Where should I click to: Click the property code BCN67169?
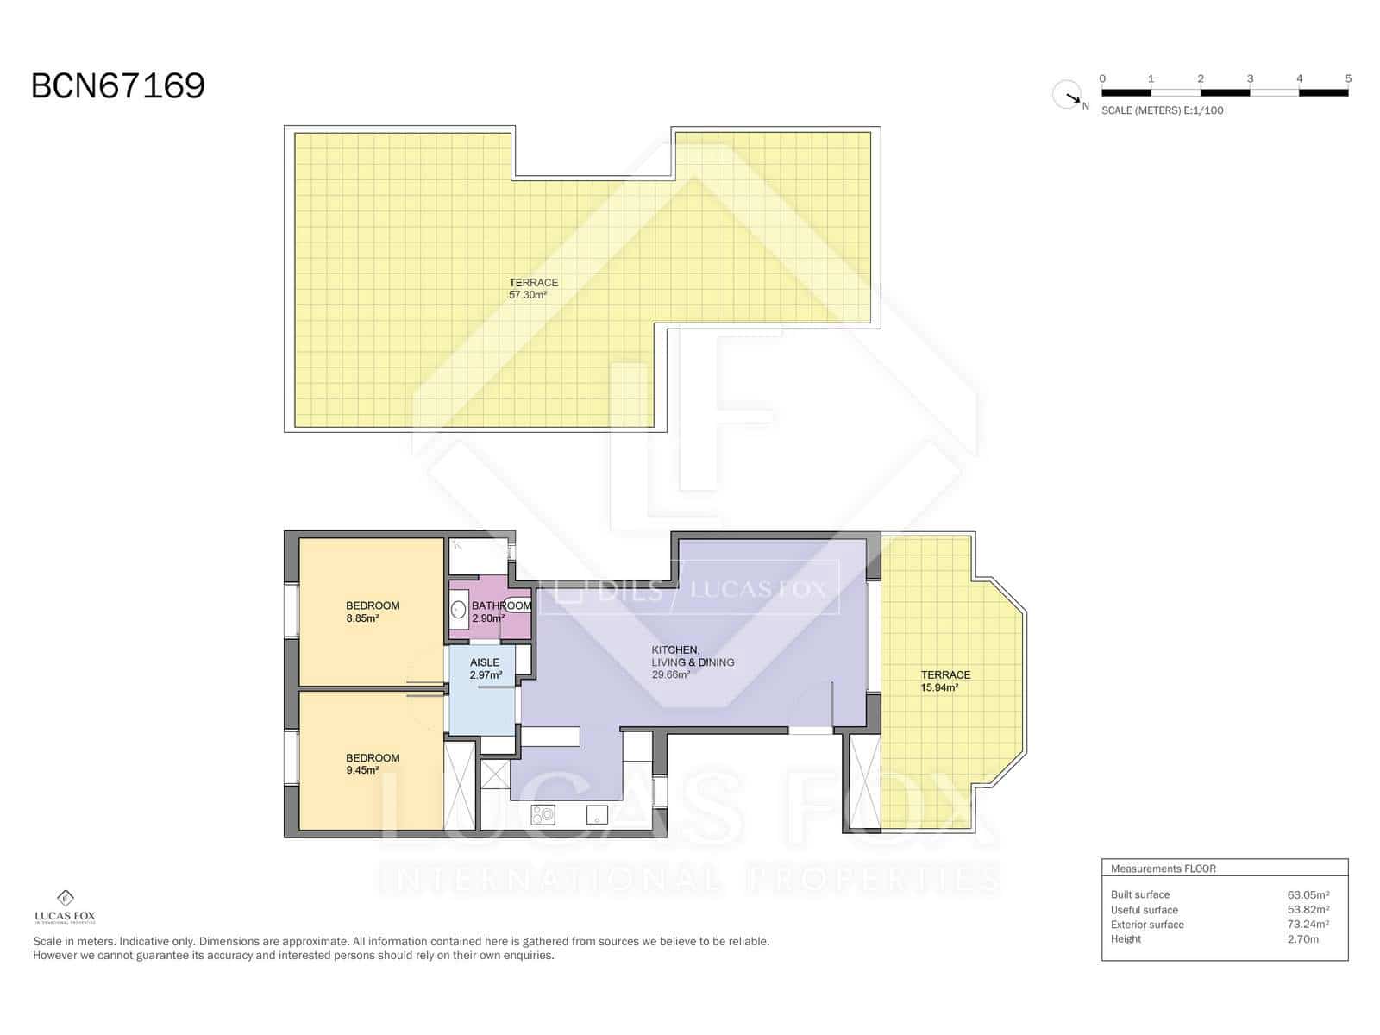(x=118, y=86)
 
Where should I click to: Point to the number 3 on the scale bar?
(x=1250, y=78)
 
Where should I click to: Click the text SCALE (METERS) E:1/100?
(x=1162, y=110)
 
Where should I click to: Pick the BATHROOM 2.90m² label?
(x=500, y=612)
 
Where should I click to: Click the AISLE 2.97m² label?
(x=485, y=669)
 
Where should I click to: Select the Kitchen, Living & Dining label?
(x=693, y=662)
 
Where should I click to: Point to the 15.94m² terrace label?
(x=945, y=681)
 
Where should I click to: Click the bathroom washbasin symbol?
(x=460, y=611)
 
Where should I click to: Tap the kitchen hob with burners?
(x=543, y=814)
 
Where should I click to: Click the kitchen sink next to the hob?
(x=597, y=814)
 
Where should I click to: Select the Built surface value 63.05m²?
(x=1308, y=894)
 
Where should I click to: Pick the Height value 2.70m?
(x=1302, y=939)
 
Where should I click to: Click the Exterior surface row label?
(x=1147, y=925)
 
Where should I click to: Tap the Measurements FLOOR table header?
(x=1163, y=869)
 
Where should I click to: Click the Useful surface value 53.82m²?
(x=1308, y=910)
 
